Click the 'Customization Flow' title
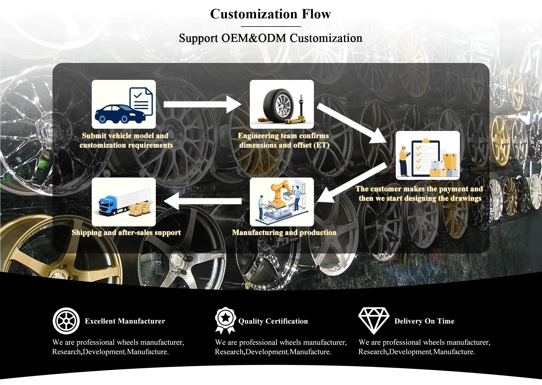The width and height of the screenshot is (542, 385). (270, 14)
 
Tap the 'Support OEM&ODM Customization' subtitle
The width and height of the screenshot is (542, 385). (270, 38)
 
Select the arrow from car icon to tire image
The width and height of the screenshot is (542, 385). (202, 104)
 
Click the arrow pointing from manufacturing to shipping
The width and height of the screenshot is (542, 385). (202, 201)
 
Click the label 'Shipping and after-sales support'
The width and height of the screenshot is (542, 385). (126, 233)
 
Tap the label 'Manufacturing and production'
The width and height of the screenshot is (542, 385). (284, 233)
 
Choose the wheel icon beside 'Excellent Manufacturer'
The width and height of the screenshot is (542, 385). (66, 321)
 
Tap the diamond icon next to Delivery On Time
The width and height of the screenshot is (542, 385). (373, 320)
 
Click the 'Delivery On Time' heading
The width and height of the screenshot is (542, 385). (424, 321)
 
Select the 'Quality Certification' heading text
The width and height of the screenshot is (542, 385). (273, 321)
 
